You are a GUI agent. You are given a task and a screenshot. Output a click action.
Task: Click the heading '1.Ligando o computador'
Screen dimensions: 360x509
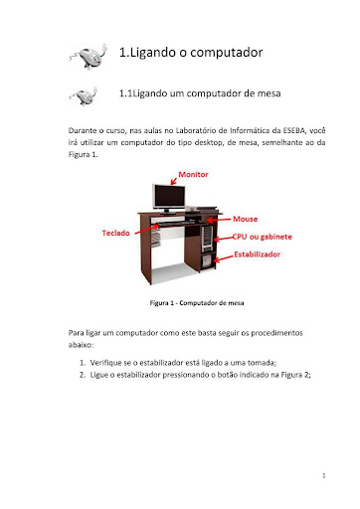(190, 51)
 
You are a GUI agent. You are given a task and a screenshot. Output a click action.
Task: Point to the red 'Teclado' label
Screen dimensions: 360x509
(118, 233)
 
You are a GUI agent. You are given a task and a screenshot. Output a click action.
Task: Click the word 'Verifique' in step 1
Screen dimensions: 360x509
(108, 363)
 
